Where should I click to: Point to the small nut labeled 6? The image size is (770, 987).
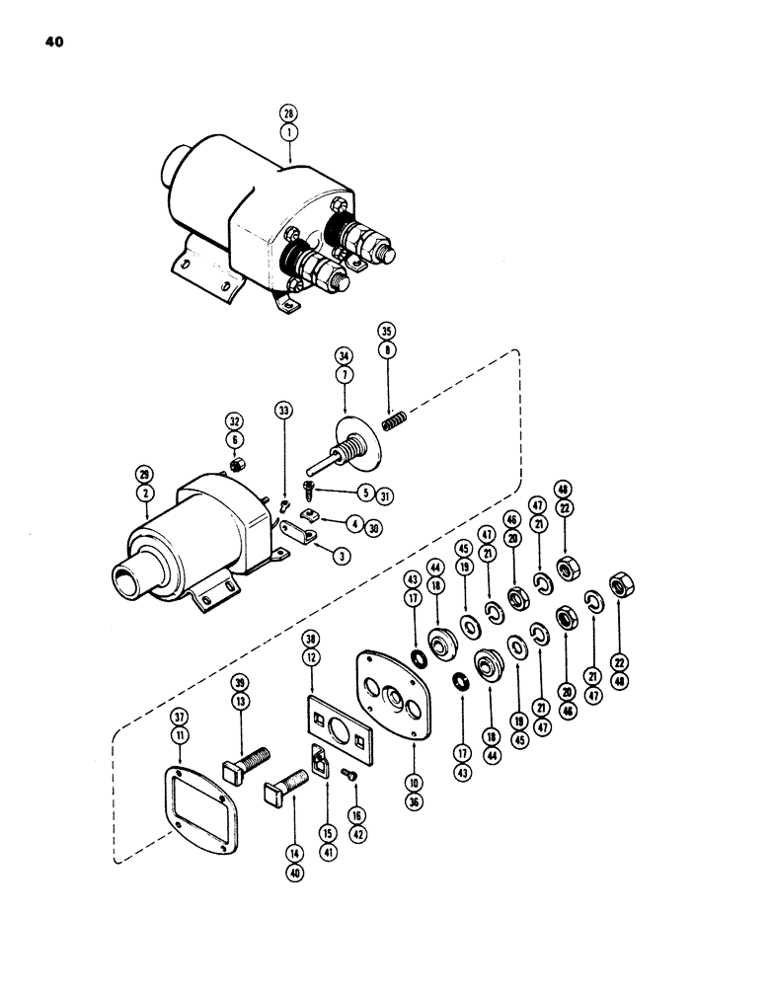pyautogui.click(x=238, y=466)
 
